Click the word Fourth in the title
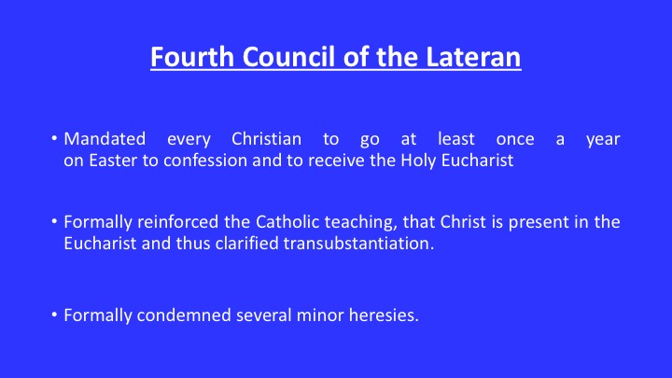click(192, 57)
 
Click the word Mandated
click(105, 139)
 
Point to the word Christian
click(266, 139)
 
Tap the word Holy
click(418, 161)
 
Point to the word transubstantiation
click(358, 244)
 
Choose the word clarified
click(246, 244)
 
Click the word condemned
click(184, 315)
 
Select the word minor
click(320, 315)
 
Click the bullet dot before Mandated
click(54, 138)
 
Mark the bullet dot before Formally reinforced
click(54, 221)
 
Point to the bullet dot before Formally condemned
click(54, 315)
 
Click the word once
click(515, 140)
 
